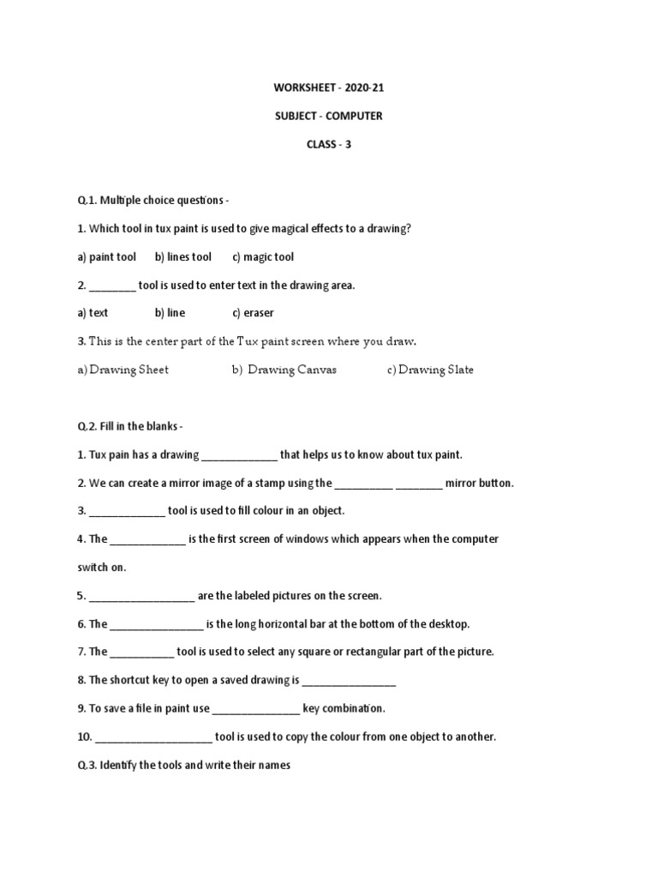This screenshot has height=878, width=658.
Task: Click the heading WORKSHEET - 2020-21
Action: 329,88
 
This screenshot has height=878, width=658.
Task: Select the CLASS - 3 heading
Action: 329,145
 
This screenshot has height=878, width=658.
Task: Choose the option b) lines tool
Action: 183,257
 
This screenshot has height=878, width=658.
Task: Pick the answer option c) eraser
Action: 253,313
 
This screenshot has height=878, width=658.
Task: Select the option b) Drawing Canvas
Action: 284,370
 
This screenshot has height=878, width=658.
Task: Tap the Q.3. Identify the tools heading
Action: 184,765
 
